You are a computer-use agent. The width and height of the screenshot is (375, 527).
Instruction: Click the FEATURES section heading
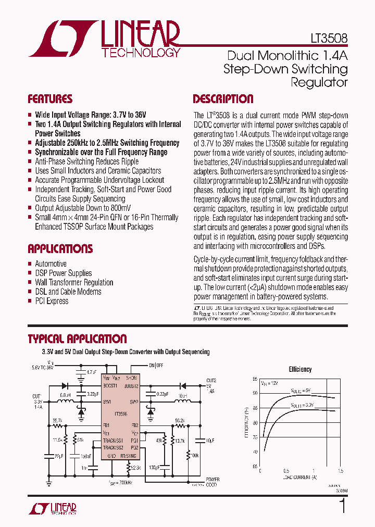tap(50, 99)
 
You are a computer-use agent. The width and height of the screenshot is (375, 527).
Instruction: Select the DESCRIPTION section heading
tap(223, 99)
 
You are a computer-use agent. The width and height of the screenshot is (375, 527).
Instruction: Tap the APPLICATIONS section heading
tap(60, 248)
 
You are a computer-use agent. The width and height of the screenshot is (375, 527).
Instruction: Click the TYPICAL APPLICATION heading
tap(77, 339)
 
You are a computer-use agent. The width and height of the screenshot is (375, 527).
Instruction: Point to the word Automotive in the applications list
tap(51, 264)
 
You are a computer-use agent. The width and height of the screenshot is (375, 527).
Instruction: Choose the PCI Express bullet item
tap(51, 301)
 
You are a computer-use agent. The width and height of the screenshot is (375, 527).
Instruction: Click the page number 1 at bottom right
tap(342, 506)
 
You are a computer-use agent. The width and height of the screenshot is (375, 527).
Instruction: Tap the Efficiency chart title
tap(300, 369)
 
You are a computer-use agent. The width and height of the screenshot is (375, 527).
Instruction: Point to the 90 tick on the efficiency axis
tap(254, 393)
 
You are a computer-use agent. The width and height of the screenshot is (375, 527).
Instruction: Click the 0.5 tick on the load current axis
tap(286, 471)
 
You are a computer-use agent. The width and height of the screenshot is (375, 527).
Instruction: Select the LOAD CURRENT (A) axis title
tap(299, 477)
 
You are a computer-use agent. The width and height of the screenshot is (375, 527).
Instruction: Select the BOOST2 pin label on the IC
tap(130, 386)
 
